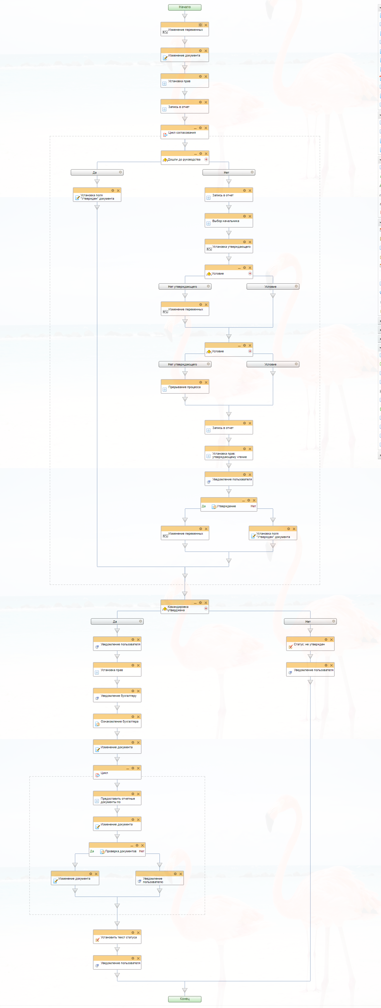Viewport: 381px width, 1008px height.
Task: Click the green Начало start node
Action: (184, 7)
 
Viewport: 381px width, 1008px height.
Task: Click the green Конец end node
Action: (184, 998)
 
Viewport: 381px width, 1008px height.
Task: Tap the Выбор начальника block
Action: (229, 221)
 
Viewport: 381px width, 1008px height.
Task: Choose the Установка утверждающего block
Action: (229, 247)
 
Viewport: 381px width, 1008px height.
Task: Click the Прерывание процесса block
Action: (185, 387)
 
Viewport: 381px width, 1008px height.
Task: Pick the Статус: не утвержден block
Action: (310, 645)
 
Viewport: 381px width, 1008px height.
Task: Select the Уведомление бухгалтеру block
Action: (117, 696)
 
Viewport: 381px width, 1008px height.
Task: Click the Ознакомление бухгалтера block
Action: (117, 722)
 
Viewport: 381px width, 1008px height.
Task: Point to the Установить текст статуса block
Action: (117, 938)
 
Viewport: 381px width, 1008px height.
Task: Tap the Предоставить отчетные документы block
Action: (117, 801)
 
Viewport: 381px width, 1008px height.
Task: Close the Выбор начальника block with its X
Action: (250, 216)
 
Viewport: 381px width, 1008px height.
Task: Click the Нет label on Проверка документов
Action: (142, 851)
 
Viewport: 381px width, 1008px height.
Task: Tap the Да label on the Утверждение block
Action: (203, 506)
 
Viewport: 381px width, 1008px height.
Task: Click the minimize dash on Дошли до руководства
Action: (195, 154)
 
